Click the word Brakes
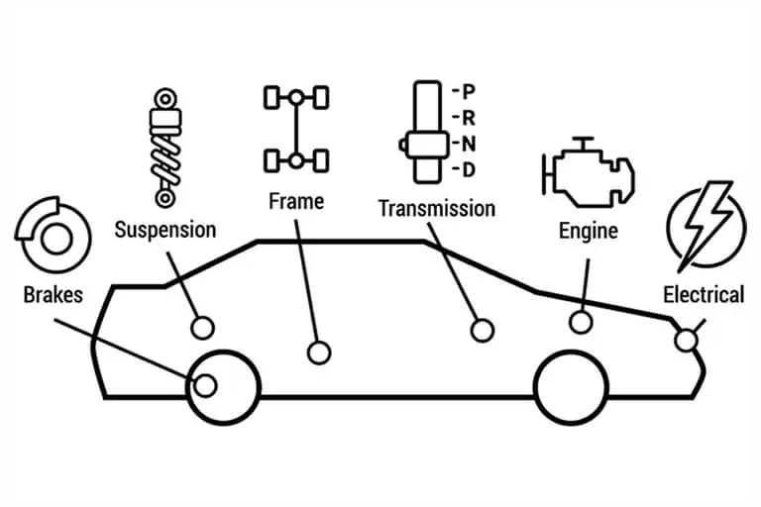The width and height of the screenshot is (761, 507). tap(54, 294)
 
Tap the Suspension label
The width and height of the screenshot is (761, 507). tap(164, 231)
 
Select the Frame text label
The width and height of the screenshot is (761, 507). tap(295, 201)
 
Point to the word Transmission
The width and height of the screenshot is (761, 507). tap(436, 208)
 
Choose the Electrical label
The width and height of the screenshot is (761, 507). tap(703, 294)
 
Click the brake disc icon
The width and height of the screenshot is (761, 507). tap(46, 237)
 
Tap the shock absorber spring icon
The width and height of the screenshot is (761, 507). tap(165, 149)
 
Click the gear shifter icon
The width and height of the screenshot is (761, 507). tap(427, 134)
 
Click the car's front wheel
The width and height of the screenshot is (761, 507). tap(571, 386)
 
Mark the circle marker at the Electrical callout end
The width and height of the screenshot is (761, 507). tap(685, 341)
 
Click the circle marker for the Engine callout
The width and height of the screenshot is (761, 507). tap(581, 322)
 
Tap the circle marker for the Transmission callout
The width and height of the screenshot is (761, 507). tap(482, 331)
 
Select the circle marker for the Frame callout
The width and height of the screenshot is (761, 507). tap(318, 352)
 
